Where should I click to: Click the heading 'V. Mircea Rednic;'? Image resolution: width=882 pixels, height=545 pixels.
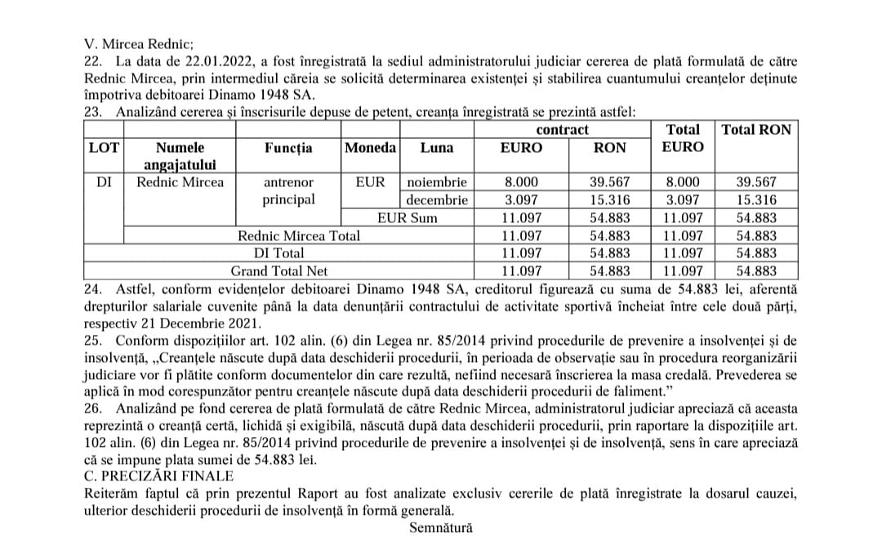pyautogui.click(x=139, y=45)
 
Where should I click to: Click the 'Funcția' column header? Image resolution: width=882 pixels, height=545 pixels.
pyautogui.click(x=288, y=148)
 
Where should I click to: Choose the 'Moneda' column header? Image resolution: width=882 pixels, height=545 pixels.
pyautogui.click(x=370, y=148)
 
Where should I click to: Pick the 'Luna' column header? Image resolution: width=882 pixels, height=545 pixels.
pyautogui.click(x=436, y=148)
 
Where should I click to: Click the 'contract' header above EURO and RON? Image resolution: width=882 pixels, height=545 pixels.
pyautogui.click(x=562, y=130)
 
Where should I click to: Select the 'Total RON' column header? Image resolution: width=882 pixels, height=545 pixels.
pyautogui.click(x=756, y=130)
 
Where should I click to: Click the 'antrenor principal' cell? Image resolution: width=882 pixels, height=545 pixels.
pyautogui.click(x=288, y=191)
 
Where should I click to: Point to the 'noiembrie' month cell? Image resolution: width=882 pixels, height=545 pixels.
pyautogui.click(x=437, y=182)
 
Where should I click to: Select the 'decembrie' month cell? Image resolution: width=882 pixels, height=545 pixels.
pyautogui.click(x=437, y=200)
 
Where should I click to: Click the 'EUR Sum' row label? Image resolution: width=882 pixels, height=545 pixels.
pyautogui.click(x=407, y=217)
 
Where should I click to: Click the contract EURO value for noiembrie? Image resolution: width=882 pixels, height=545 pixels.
pyautogui.click(x=521, y=182)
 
